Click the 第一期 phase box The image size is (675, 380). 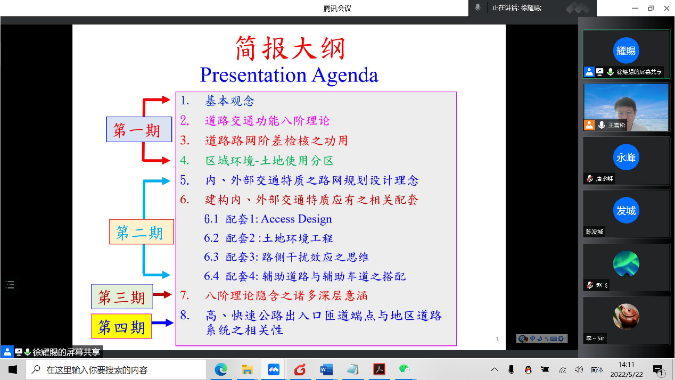[139, 129]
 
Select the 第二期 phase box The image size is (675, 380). [142, 232]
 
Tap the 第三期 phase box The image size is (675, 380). [122, 296]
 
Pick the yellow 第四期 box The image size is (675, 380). [121, 326]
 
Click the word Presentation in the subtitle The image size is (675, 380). [253, 75]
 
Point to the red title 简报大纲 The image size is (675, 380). [290, 48]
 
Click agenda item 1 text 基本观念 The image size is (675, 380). [230, 101]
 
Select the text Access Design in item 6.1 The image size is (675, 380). [296, 219]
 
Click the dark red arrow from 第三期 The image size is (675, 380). [163, 294]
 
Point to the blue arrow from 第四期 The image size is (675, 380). [163, 323]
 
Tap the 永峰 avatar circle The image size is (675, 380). [626, 157]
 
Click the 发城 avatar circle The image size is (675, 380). [626, 210]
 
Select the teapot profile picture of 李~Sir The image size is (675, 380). [626, 317]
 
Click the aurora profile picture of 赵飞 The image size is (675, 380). [626, 263]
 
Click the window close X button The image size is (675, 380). [666, 8]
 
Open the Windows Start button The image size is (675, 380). [13, 370]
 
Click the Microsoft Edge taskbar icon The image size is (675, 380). [221, 369]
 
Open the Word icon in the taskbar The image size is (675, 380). [326, 369]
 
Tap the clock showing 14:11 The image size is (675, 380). [626, 365]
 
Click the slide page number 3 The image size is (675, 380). [497, 340]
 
